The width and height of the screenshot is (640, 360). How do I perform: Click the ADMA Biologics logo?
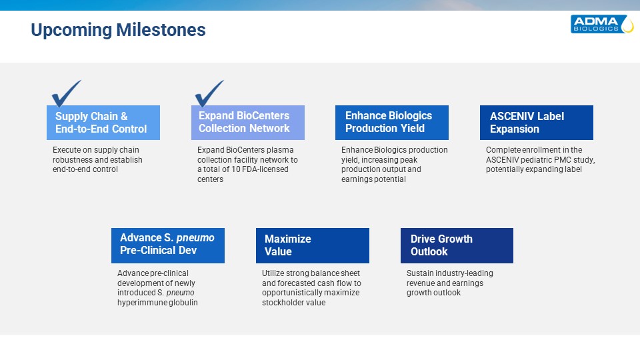tap(602, 24)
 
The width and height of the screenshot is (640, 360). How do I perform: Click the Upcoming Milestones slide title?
tap(119, 30)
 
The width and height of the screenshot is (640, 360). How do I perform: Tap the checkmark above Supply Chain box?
tap(66, 93)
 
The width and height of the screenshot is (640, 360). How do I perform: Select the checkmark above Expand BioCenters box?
tap(209, 93)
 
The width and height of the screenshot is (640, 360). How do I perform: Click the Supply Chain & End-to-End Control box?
tap(103, 123)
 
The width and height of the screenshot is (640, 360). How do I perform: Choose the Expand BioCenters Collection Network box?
tap(248, 123)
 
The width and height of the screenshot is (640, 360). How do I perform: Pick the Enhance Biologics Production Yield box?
tap(392, 123)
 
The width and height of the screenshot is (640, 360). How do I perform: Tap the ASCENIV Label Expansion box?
tap(536, 123)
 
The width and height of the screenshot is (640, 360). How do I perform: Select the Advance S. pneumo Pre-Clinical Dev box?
tap(168, 245)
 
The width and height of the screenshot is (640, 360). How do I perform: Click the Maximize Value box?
tap(313, 245)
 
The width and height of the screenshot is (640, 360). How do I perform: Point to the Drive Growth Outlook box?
tap(457, 245)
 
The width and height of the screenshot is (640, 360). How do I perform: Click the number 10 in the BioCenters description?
tap(235, 169)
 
